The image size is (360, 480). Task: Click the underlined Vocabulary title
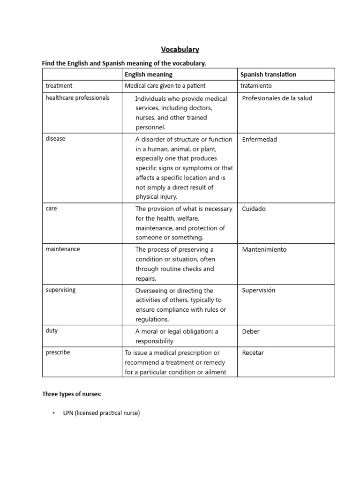180,49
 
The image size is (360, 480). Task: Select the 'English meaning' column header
149,75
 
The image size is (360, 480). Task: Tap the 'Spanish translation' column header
268,75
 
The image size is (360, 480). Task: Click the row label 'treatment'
59,86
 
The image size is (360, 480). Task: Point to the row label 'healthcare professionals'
78,98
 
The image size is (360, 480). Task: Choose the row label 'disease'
56,139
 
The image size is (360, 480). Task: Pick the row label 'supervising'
61,290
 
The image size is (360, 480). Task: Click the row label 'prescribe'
58,352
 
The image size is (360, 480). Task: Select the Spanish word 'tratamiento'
256,86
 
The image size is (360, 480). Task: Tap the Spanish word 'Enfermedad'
260,139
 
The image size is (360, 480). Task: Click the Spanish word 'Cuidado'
254,209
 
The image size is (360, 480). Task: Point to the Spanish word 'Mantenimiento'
264,249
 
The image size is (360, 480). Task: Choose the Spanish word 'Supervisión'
259,290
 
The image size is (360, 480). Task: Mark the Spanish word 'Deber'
251,331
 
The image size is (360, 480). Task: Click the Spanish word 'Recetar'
253,353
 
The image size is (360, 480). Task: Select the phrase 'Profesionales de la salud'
277,98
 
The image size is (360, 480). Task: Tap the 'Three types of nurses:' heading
72,395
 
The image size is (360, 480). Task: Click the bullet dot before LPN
54,413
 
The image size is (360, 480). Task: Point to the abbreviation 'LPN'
68,413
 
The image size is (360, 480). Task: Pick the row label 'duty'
52,330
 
